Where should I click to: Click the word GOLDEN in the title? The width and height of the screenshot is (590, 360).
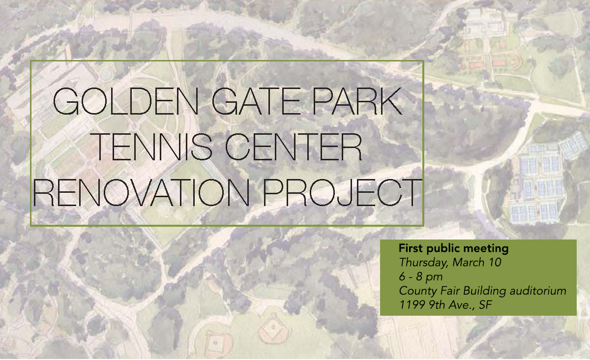[x=126, y=101]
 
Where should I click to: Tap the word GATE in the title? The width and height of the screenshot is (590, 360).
[x=257, y=101]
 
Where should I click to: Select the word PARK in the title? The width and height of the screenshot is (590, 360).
[x=357, y=101]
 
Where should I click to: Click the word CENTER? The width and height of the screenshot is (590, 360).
[x=294, y=147]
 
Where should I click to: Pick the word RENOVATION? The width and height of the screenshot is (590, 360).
[x=141, y=192]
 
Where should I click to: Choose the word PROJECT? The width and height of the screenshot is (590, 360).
[x=342, y=192]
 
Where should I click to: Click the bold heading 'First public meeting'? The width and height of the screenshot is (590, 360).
[x=453, y=248]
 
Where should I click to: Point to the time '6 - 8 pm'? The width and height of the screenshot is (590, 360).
[x=421, y=277]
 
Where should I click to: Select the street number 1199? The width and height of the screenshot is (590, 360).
[x=412, y=305]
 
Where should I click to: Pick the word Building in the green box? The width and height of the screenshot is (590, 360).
[x=484, y=291]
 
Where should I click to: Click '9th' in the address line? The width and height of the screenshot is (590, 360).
[x=437, y=305]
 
